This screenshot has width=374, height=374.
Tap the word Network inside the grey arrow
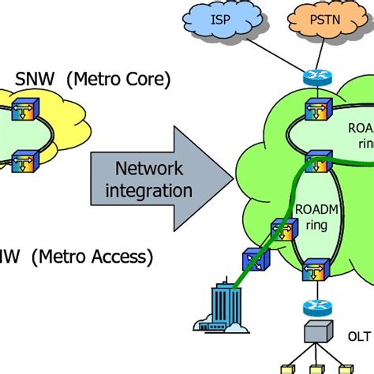pos(148,169)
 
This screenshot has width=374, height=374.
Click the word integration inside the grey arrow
pos(148,190)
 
